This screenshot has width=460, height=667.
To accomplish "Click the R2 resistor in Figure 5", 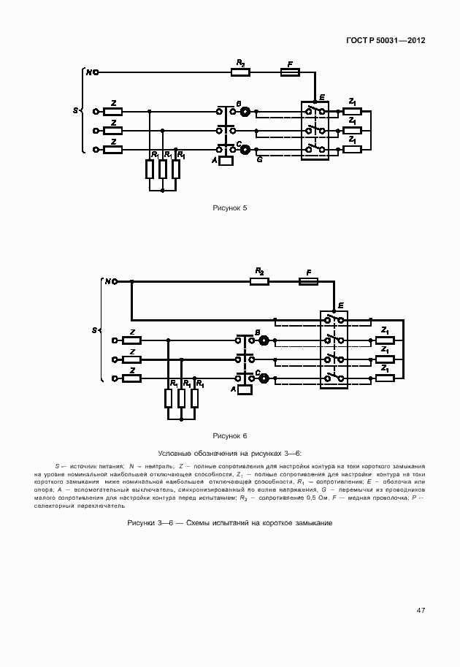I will [x=240, y=72].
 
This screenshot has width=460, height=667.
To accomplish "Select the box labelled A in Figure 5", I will [x=226, y=160].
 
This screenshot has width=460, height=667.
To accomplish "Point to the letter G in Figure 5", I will [x=259, y=159].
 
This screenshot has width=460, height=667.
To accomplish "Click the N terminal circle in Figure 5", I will [x=95, y=72].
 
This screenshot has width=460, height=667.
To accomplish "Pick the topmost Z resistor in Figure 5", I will [x=113, y=112].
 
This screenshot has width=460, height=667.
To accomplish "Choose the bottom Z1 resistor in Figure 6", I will [x=385, y=378].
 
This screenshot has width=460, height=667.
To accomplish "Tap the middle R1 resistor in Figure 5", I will [x=162, y=169].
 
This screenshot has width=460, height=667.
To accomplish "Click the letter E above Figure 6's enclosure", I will [x=340, y=305].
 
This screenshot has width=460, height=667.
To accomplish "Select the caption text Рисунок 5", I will [x=230, y=208].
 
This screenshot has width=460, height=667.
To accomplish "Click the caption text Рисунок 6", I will [x=230, y=436].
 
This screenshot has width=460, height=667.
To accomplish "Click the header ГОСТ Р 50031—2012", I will [x=386, y=41].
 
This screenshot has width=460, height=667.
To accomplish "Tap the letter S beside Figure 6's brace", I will [x=94, y=330].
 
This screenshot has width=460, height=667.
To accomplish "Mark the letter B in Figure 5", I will [x=238, y=104].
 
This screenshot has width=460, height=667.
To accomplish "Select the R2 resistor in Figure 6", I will [x=259, y=281].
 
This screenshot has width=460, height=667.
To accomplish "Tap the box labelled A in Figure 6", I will [x=245, y=389].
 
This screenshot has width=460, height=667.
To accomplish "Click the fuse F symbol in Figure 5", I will [x=290, y=72].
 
